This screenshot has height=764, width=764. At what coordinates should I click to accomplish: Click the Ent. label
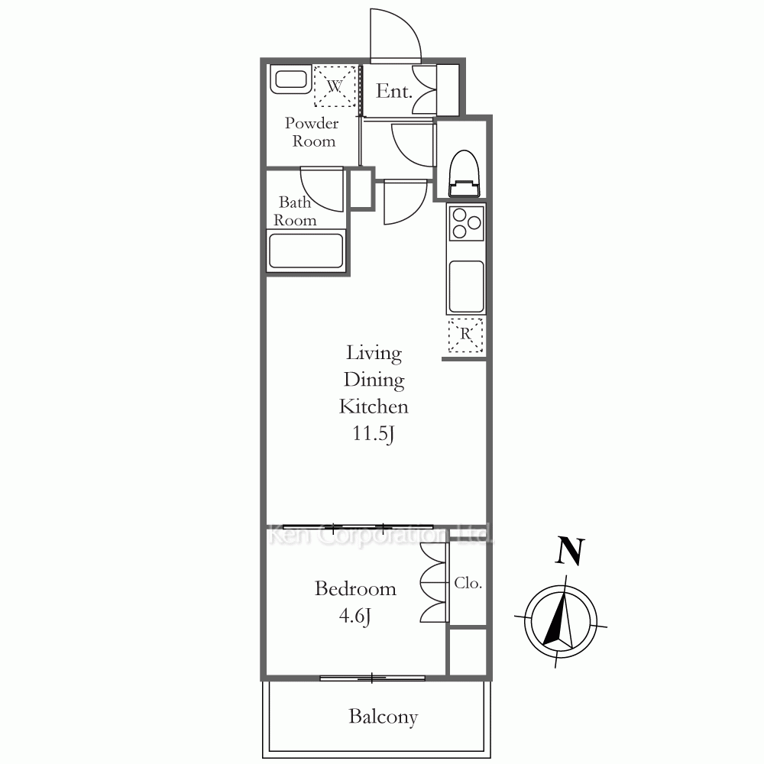click(393, 91)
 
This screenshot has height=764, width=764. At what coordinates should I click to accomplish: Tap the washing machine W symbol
click(335, 86)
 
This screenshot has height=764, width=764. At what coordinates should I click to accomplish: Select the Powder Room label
click(312, 132)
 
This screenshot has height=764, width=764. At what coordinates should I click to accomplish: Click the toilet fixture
click(465, 173)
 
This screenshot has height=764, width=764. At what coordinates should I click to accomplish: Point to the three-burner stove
click(466, 222)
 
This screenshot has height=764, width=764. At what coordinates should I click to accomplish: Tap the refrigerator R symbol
click(466, 335)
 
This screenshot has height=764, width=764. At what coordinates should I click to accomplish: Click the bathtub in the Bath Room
click(306, 251)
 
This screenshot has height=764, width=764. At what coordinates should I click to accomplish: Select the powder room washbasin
click(291, 80)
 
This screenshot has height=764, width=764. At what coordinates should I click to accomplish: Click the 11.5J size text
click(373, 434)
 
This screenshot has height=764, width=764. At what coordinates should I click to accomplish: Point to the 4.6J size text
click(354, 617)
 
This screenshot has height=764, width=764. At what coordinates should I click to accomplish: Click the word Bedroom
click(355, 588)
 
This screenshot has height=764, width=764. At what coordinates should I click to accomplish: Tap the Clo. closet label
click(468, 583)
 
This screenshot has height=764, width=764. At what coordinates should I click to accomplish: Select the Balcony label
click(384, 717)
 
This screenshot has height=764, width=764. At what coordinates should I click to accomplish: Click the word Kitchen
click(374, 406)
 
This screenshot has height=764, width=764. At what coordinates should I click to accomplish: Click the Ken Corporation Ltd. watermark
click(382, 535)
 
